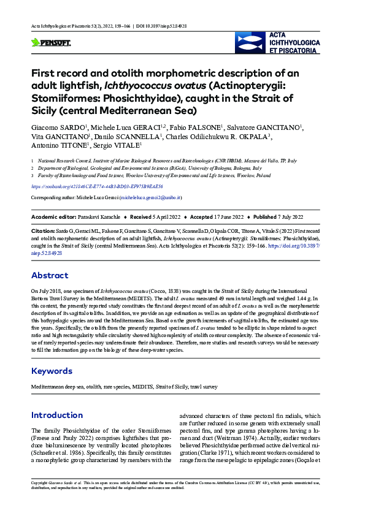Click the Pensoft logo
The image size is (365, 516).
pos(51,42)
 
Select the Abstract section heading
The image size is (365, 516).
pos(50,275)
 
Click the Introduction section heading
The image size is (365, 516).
pos(57,415)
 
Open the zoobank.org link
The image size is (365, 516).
pos(98,186)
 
